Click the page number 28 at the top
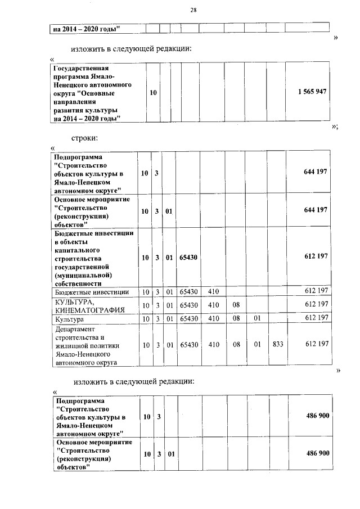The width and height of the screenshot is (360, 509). point(192,10)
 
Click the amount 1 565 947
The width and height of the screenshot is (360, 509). point(313,92)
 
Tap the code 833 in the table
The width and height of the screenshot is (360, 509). point(276,344)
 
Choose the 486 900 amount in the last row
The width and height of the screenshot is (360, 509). point(317,453)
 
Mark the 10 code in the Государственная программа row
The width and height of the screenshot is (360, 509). point(153,92)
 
